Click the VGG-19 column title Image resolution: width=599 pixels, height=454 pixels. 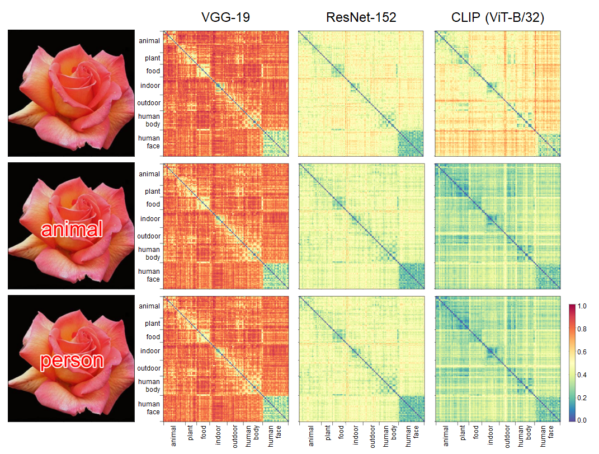pyautogui.click(x=225, y=17)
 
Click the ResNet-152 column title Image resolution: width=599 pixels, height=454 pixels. pyautogui.click(x=361, y=17)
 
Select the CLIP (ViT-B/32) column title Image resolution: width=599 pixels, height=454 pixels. pyautogui.click(x=497, y=17)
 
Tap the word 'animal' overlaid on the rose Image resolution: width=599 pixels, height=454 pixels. pyautogui.click(x=72, y=229)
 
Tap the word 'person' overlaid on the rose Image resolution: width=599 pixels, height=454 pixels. pyautogui.click(x=72, y=361)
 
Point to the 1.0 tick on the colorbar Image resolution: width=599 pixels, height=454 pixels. pyautogui.click(x=582, y=306)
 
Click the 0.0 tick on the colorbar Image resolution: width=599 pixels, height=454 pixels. pyautogui.click(x=582, y=420)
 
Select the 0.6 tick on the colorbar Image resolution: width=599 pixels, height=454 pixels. pyautogui.click(x=582, y=352)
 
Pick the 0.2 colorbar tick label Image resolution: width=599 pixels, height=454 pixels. pyautogui.click(x=582, y=397)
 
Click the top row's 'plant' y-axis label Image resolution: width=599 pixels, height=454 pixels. pyautogui.click(x=152, y=58)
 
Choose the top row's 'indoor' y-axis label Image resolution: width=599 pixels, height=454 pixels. pyautogui.click(x=150, y=86)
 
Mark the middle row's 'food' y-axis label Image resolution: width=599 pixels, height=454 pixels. pyautogui.click(x=153, y=204)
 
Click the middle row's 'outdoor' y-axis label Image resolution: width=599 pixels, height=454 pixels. pyautogui.click(x=149, y=236)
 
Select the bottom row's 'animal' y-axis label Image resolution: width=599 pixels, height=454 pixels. pyautogui.click(x=149, y=306)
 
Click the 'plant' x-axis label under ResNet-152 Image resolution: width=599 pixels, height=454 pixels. pyautogui.click(x=326, y=433)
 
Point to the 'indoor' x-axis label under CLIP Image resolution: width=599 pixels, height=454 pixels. pyautogui.click(x=490, y=435)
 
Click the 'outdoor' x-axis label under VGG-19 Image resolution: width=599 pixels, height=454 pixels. pyautogui.click(x=235, y=437)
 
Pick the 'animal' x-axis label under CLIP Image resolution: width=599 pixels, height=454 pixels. pyautogui.click(x=446, y=436)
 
